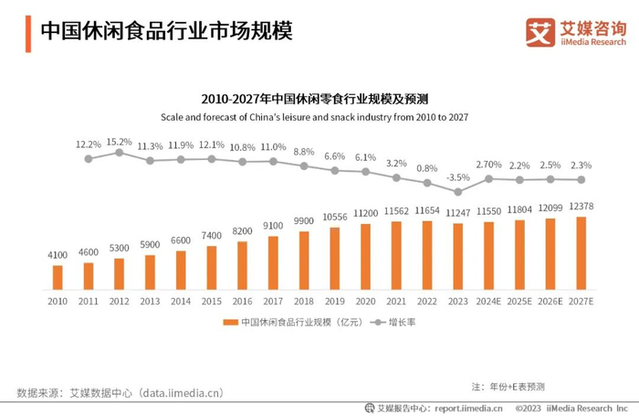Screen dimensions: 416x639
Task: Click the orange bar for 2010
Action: tap(58, 278)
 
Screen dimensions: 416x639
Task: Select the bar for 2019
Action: tap(335, 259)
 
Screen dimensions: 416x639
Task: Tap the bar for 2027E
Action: tap(581, 253)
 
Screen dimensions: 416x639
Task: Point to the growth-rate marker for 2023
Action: tap(458, 191)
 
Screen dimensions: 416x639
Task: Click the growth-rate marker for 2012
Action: tap(119, 152)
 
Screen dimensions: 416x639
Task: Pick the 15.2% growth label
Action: tap(119, 142)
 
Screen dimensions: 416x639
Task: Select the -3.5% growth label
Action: tap(458, 177)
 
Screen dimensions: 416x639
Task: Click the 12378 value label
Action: tap(581, 207)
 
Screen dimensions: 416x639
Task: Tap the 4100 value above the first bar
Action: tap(58, 255)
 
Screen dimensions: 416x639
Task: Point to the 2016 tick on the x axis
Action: tap(242, 301)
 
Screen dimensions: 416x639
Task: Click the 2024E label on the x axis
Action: tap(489, 301)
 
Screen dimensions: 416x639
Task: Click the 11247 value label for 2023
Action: tap(458, 213)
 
